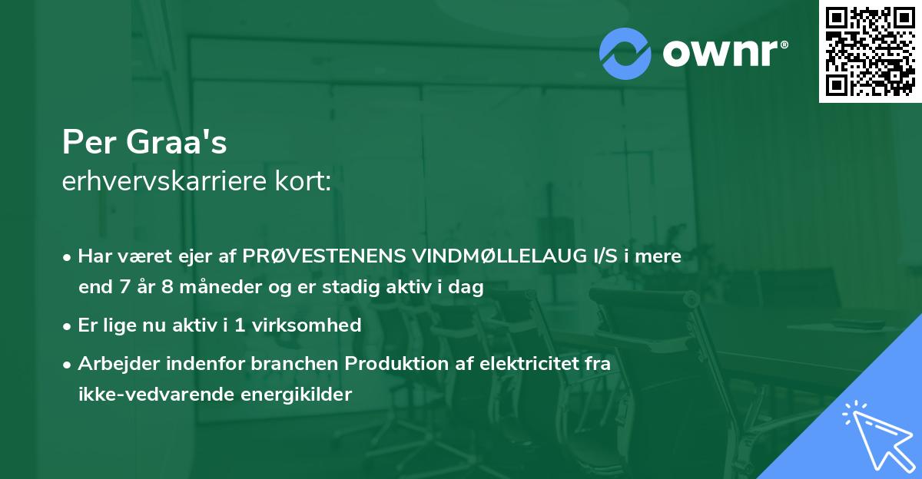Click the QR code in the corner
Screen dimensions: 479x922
[870, 51]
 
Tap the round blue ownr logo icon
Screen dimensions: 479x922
[625, 53]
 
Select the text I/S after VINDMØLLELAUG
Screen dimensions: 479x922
[599, 256]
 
